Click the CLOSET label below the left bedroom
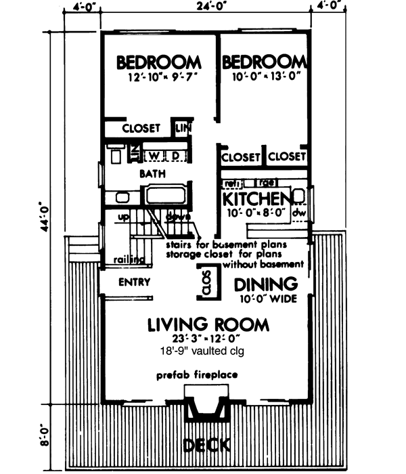click(141, 127)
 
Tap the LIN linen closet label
click(183, 127)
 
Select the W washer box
click(154, 156)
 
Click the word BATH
click(152, 174)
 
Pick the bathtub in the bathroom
click(166, 196)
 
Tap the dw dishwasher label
click(298, 213)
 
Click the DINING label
click(267, 283)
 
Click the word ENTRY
click(133, 282)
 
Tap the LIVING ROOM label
click(208, 324)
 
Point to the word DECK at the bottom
click(207, 445)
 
